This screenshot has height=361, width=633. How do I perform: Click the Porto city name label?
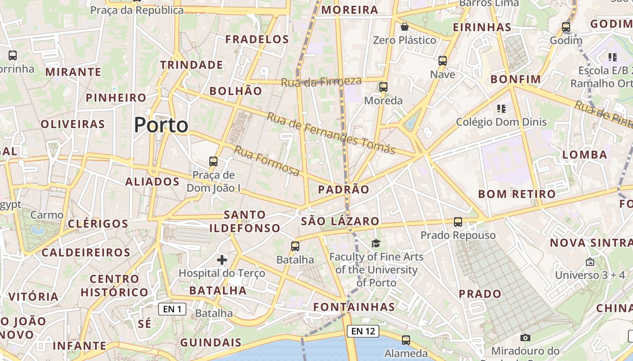point(161,125)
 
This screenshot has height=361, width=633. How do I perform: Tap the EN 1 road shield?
point(172,309)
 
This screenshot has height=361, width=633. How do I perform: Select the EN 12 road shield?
point(363,331)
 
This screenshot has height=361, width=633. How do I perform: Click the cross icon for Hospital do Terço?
point(222,259)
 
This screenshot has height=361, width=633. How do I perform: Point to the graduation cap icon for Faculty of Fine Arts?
point(376,244)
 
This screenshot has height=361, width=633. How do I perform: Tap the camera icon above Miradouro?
point(525,338)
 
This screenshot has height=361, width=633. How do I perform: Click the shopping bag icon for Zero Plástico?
point(405,27)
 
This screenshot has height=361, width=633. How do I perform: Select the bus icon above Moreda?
point(383,87)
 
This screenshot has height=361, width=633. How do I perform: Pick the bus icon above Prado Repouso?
point(458,222)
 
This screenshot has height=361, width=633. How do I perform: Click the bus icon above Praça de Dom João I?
point(213,161)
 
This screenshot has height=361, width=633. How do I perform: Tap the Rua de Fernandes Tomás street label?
point(331,133)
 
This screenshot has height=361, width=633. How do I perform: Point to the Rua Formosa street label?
point(267,161)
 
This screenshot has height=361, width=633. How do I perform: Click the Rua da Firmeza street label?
point(321,82)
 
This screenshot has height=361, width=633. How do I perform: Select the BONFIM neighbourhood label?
point(515,79)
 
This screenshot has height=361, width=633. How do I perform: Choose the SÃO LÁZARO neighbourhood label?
point(340,221)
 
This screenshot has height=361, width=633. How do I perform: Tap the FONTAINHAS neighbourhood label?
point(354,307)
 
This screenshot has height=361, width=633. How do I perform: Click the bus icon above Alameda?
point(406,340)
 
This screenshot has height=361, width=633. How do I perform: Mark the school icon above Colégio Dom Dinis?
point(501,108)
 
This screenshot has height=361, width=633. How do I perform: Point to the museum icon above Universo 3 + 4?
point(590,262)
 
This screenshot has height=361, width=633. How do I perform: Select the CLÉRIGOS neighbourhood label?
point(98,224)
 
